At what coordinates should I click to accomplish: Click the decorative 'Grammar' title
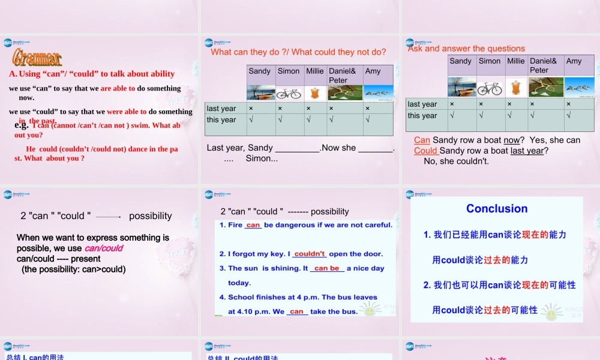[37, 58]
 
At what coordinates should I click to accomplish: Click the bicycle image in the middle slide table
[289, 93]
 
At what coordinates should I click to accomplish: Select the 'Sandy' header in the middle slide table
[260, 71]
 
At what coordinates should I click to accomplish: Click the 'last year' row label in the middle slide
[221, 109]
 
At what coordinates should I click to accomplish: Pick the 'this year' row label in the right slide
[422, 116]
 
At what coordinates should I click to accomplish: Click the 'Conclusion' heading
[497, 209]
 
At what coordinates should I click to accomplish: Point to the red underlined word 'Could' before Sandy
[426, 151]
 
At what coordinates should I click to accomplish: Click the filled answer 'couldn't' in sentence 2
[310, 254]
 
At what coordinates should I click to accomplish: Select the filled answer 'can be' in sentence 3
[326, 268]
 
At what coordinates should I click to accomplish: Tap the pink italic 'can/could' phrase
[104, 248]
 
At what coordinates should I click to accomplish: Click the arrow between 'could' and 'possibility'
[109, 217]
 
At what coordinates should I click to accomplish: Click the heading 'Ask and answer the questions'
[466, 49]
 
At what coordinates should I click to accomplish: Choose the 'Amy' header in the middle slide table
[373, 71]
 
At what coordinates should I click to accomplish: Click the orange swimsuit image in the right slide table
[515, 88]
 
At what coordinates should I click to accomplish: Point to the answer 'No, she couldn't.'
[456, 161]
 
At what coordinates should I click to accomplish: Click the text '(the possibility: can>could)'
[74, 269]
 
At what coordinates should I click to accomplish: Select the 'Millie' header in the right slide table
[515, 61]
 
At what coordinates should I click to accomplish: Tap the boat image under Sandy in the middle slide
[260, 93]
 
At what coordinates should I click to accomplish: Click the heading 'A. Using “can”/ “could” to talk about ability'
[92, 74]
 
